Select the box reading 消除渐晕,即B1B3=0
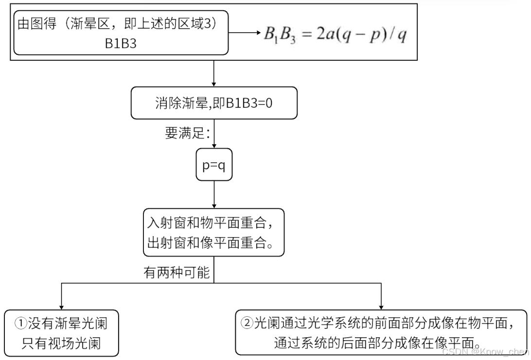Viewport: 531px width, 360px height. (214, 103)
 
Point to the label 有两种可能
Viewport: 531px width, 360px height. (176, 273)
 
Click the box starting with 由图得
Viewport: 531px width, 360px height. (121, 33)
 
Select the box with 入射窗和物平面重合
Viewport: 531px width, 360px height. (214, 232)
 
